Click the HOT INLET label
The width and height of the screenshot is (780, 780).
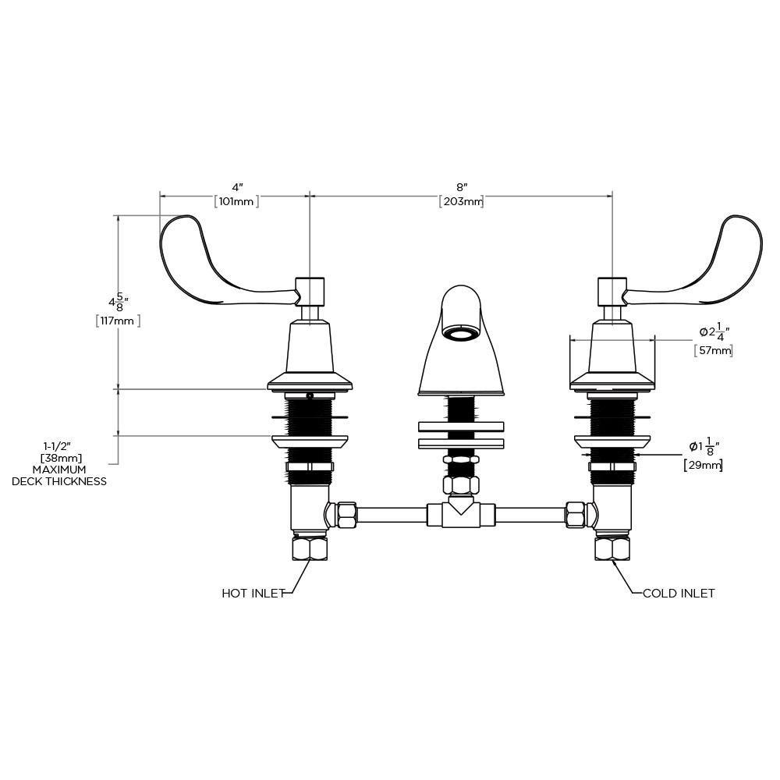click(253, 593)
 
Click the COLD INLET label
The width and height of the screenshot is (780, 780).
click(679, 593)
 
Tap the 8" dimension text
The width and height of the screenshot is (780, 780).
click(462, 187)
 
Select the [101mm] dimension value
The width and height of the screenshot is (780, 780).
click(237, 201)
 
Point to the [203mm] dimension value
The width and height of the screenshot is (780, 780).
click(461, 201)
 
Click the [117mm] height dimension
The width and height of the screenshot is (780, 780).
click(118, 321)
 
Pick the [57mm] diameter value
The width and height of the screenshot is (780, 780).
click(714, 351)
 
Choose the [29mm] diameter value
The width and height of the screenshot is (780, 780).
click(704, 465)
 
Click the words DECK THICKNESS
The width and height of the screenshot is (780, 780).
click(59, 481)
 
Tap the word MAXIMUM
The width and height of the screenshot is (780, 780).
click(59, 470)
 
